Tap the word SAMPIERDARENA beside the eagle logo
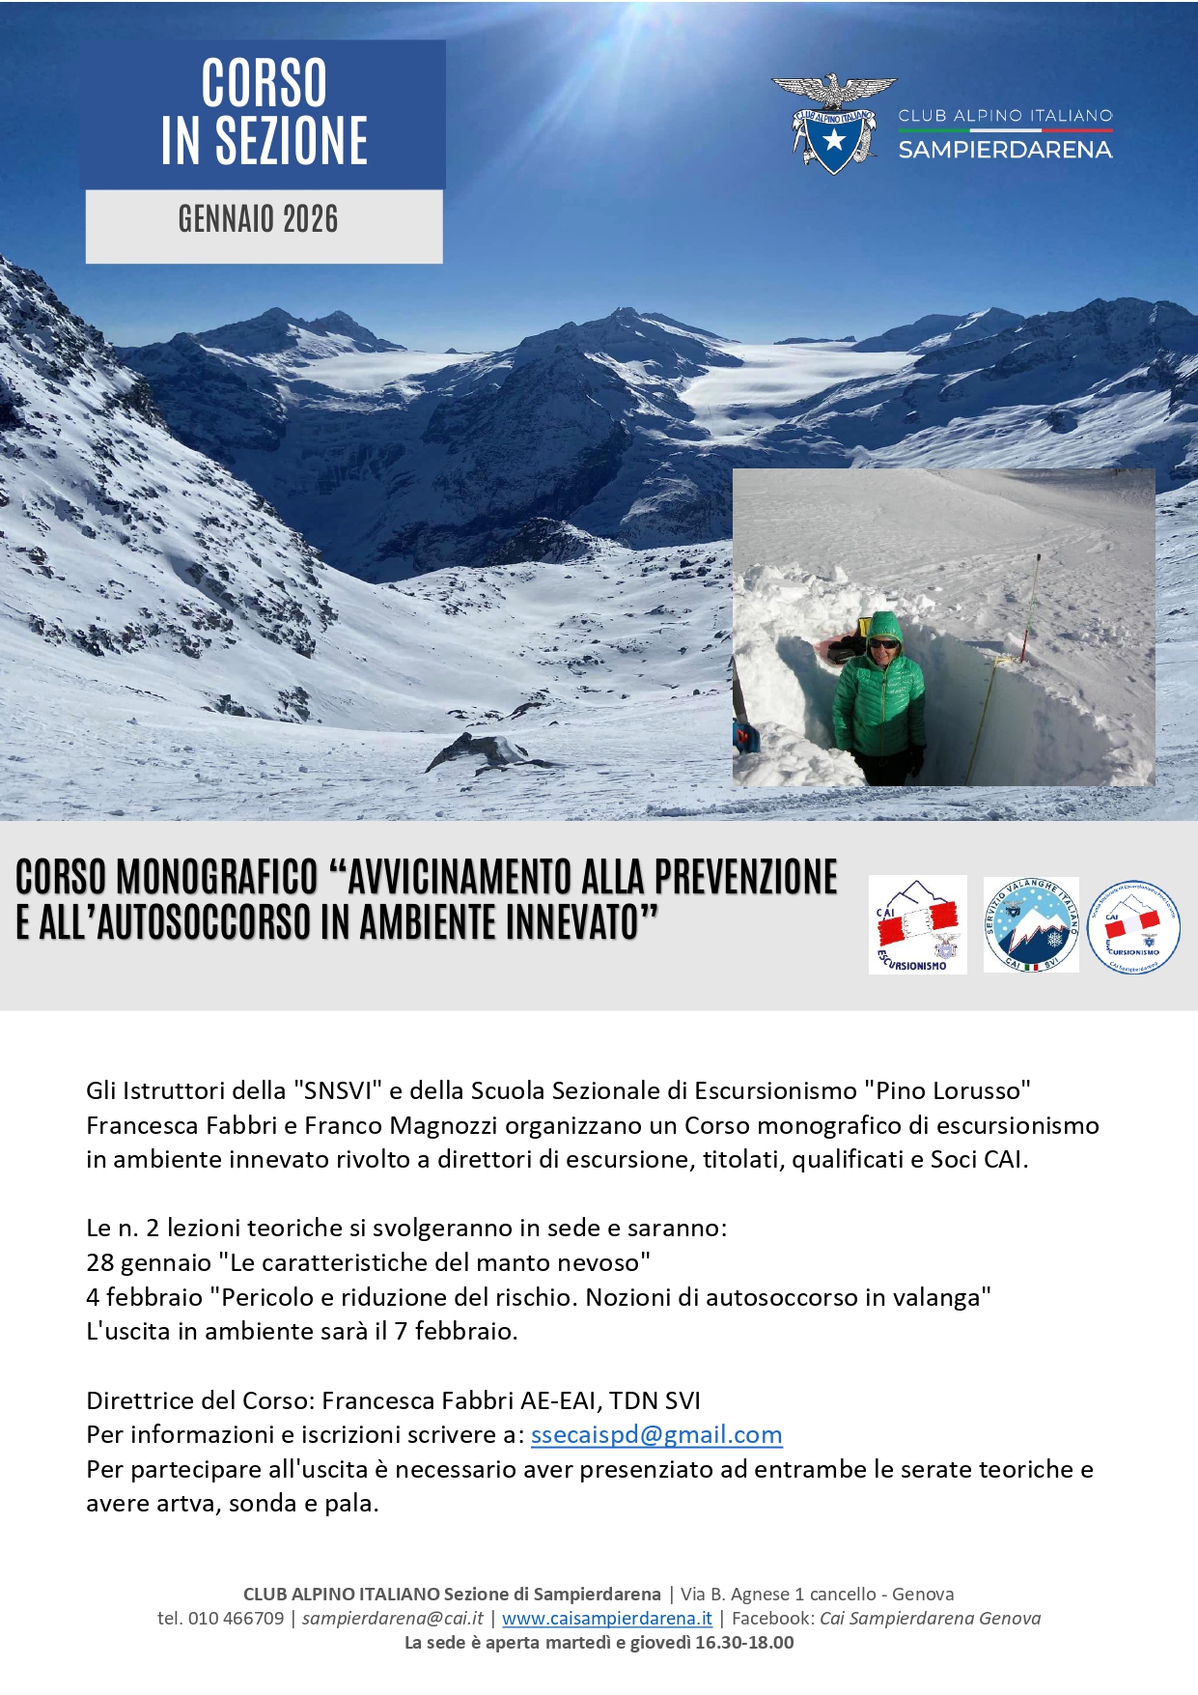[x=1005, y=150]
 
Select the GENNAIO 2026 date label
[x=259, y=220]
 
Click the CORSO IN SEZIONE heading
[x=264, y=112]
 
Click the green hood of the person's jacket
[x=883, y=628]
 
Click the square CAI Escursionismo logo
[x=917, y=924]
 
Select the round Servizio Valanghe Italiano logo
[x=1031, y=924]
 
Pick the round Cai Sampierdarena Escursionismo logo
[x=1133, y=926]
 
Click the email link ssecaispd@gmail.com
[x=656, y=1435]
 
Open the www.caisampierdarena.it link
[x=607, y=1618]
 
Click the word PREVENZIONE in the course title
[x=745, y=878]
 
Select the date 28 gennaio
[x=149, y=1263]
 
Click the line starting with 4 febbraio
[x=538, y=1297]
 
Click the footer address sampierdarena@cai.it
[x=393, y=1618]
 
